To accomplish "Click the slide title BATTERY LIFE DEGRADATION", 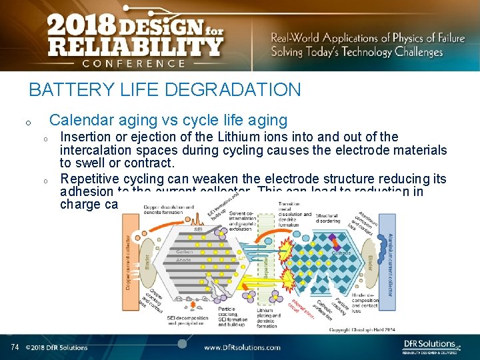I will (x=165, y=89).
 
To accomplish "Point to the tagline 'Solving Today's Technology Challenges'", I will (x=356, y=53).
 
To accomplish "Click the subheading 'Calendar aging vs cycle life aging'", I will (x=168, y=120).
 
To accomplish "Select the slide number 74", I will (x=15, y=347).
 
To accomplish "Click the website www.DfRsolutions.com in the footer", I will (x=242, y=347).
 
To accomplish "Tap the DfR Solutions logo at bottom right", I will (x=430, y=345).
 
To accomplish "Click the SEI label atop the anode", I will (x=198, y=229).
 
